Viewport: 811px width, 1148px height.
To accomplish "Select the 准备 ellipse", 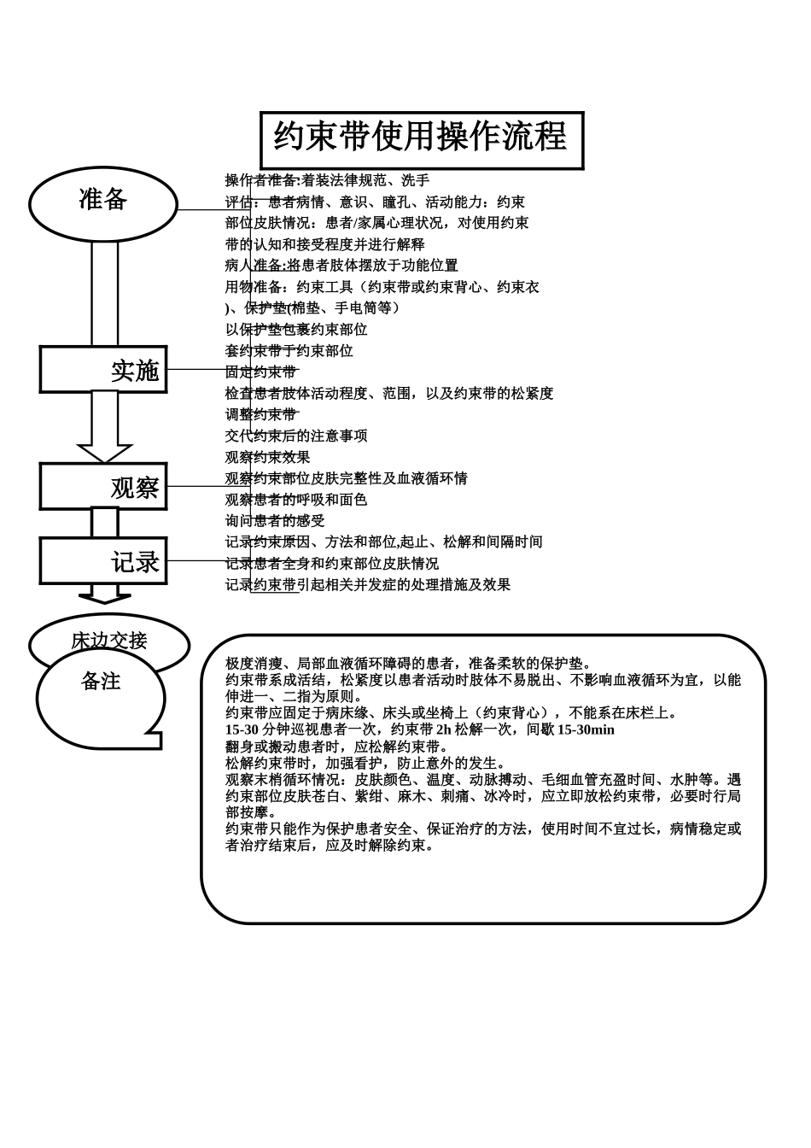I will coord(103,203).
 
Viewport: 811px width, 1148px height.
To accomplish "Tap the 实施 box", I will coord(103,370).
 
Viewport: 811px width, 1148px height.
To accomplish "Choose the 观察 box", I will coord(103,487).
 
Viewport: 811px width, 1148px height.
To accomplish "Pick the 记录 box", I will coord(103,561).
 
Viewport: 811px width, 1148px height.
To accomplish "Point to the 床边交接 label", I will coord(109,639).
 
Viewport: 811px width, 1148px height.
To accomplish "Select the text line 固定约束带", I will coord(261,372).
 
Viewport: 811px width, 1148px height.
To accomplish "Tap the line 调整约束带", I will coord(261,415).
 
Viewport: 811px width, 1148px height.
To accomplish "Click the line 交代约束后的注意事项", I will coord(296,436).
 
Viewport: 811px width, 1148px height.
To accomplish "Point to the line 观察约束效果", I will coord(267,458).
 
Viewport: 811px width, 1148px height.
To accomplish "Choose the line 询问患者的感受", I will coord(275,521).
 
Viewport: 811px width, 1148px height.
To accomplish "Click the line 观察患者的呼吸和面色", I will coord(296,500).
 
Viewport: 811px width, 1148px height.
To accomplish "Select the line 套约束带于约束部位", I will coord(289,351).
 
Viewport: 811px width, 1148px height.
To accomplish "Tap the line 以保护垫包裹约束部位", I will coord(296,330).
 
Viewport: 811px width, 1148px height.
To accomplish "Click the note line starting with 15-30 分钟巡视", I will coord(419,730).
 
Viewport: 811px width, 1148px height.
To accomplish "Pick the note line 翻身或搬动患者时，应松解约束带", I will coord(337,747).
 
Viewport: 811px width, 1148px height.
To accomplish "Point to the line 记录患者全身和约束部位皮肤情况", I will coord(331,564).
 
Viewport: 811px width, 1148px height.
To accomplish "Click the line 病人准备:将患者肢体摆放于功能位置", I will coord(341,266).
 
